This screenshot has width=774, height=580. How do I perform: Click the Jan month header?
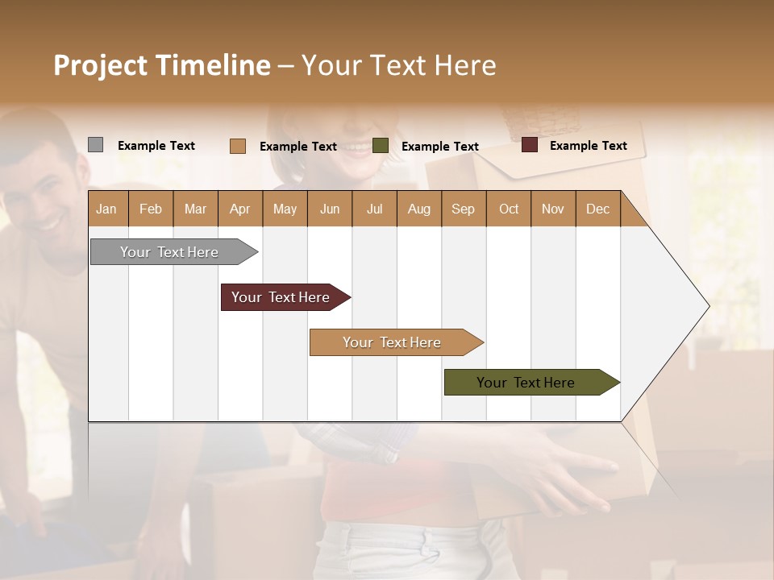(106, 209)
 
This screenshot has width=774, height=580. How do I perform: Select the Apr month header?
(239, 209)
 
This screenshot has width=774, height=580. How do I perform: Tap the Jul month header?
(374, 209)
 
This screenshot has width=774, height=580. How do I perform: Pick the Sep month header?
(463, 209)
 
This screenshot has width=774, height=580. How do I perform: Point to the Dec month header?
(597, 209)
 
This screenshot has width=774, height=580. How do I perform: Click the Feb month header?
(151, 209)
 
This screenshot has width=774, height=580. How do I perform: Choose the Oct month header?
(509, 209)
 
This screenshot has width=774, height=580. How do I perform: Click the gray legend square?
(95, 145)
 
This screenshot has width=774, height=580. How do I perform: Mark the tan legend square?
(237, 146)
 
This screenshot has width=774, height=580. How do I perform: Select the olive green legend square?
(381, 145)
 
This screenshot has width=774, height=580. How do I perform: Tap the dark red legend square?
(529, 145)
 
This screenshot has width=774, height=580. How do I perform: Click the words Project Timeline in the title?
(161, 65)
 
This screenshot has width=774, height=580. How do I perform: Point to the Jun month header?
(330, 209)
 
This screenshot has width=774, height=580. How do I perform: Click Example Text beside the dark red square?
(588, 146)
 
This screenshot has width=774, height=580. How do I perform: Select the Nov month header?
(553, 209)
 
